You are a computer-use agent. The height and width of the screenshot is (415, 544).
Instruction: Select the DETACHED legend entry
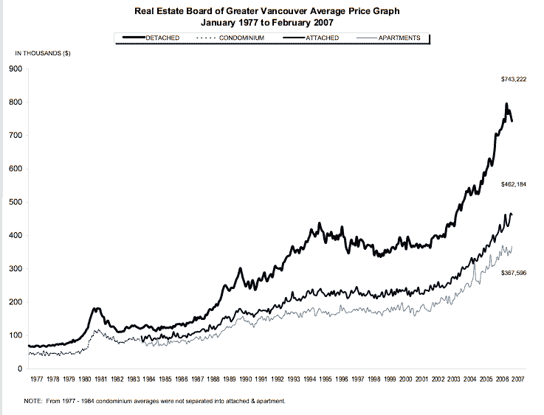pyautogui.click(x=162, y=38)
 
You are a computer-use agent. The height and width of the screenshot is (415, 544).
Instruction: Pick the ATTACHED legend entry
pyautogui.click(x=322, y=38)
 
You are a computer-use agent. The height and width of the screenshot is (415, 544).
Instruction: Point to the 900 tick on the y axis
pyautogui.click(x=16, y=69)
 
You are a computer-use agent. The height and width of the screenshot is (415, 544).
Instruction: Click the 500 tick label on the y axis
pyautogui.click(x=16, y=202)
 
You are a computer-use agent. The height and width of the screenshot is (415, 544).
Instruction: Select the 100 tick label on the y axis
pyautogui.click(x=16, y=335)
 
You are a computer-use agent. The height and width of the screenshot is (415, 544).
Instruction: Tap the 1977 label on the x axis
pyautogui.click(x=37, y=381)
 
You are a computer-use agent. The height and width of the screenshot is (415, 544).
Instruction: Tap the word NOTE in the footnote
pyautogui.click(x=33, y=402)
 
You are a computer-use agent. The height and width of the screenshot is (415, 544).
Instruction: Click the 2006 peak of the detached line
pyautogui.click(x=506, y=104)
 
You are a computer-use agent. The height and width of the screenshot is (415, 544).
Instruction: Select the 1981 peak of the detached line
pyautogui.click(x=97, y=308)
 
